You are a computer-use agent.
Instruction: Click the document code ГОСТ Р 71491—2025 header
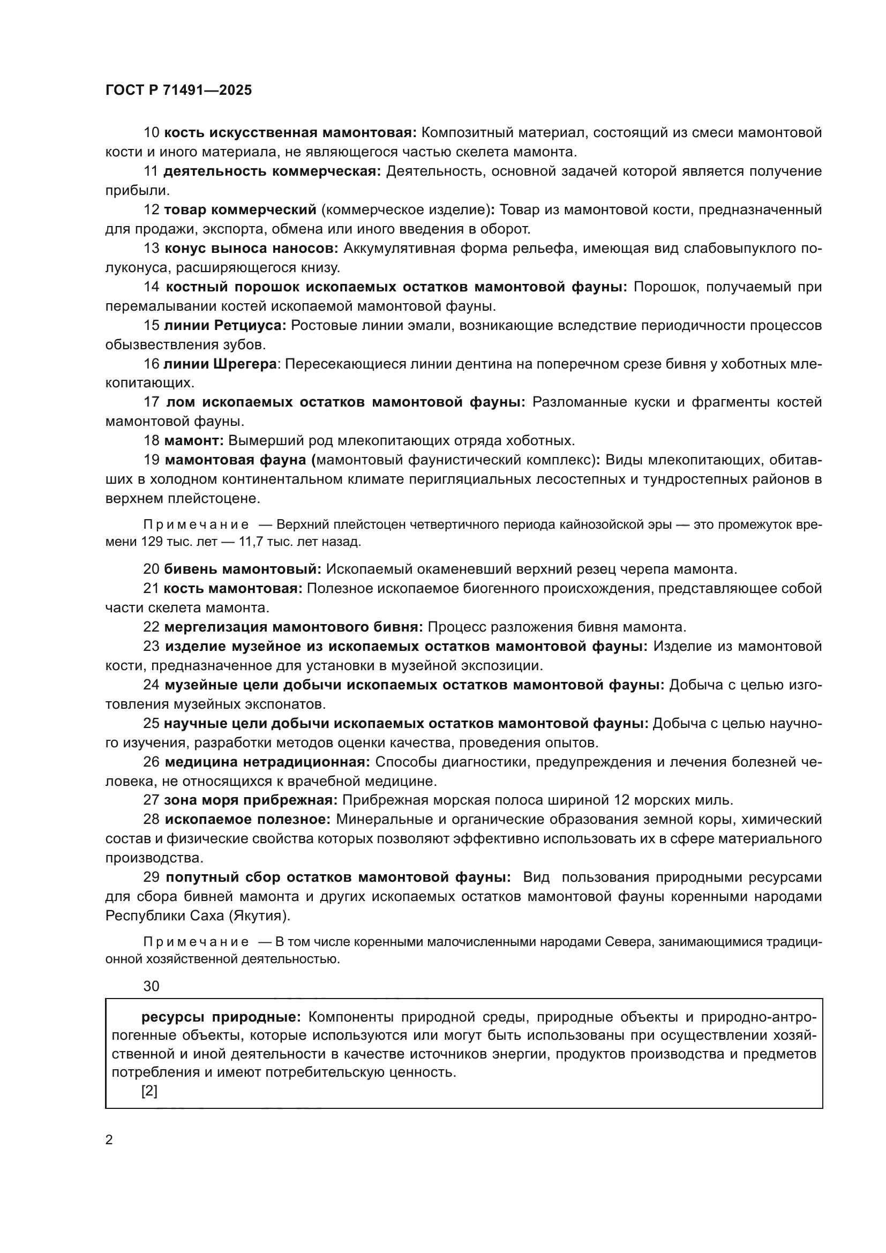178,91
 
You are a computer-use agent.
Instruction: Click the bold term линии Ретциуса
225,326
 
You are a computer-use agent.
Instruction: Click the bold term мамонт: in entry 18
194,441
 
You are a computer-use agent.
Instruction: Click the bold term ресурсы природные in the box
221,1017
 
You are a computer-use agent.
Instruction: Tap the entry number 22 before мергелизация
151,627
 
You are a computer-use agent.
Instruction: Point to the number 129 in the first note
151,542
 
